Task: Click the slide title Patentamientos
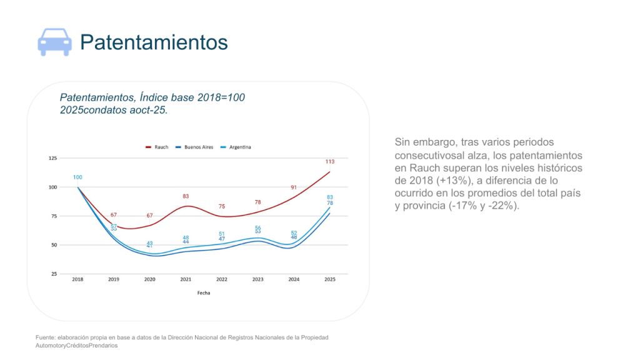click(x=154, y=42)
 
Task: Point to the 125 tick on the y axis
click(x=52, y=159)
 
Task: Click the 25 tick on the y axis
click(x=54, y=274)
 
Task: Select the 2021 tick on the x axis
click(x=186, y=279)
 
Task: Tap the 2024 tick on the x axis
click(x=294, y=279)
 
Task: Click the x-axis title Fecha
click(x=203, y=292)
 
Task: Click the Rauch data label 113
click(x=329, y=162)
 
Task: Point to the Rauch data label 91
click(x=294, y=187)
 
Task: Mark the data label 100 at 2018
click(x=77, y=177)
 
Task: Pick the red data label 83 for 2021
click(x=186, y=196)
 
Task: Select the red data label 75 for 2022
click(x=222, y=206)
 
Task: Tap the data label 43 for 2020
click(x=150, y=243)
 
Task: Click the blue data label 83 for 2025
click(x=329, y=197)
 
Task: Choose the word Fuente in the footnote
click(x=46, y=337)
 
